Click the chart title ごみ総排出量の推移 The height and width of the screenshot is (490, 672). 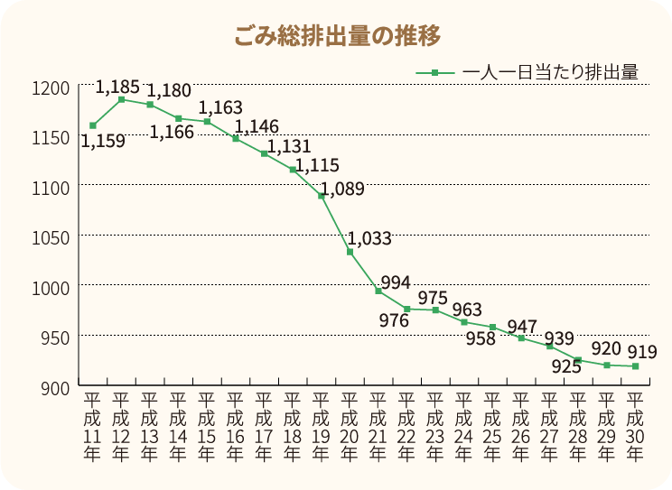[336, 36]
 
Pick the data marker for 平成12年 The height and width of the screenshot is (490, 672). [121, 99]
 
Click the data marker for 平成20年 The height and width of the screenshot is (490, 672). [350, 252]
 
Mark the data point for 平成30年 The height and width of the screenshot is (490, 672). [636, 366]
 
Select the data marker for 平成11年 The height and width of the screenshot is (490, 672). [92, 125]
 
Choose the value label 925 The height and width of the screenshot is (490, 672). [565, 366]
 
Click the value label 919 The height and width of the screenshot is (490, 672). [642, 352]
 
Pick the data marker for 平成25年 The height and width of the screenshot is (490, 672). [493, 327]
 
